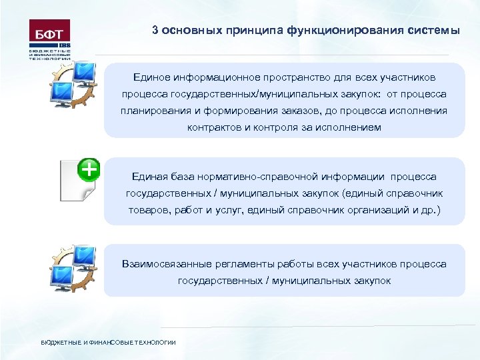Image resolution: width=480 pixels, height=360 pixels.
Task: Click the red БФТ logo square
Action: coord(49,31)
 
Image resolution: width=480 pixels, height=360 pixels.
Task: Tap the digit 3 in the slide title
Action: coord(155,31)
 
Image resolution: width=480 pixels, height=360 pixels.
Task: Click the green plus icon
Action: coord(89,169)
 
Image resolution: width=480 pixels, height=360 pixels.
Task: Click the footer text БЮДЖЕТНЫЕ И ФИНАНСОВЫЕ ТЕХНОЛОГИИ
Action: coord(108,342)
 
